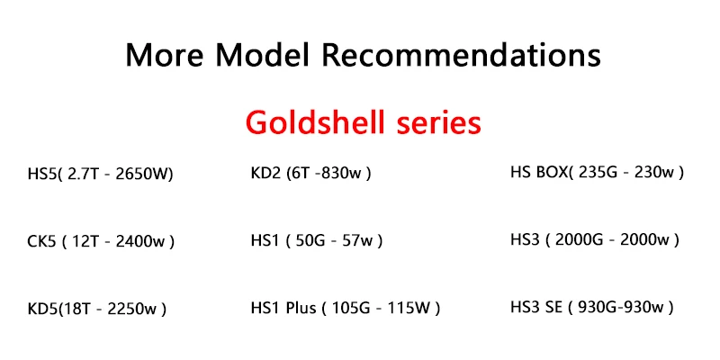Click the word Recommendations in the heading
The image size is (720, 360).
tap(461, 55)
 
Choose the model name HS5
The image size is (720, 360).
tap(44, 173)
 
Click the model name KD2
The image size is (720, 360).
tap(266, 171)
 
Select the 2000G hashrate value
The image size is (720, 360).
tap(582, 239)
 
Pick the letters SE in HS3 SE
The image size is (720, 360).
tap(550, 307)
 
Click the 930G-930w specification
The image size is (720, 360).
tap(621, 307)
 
